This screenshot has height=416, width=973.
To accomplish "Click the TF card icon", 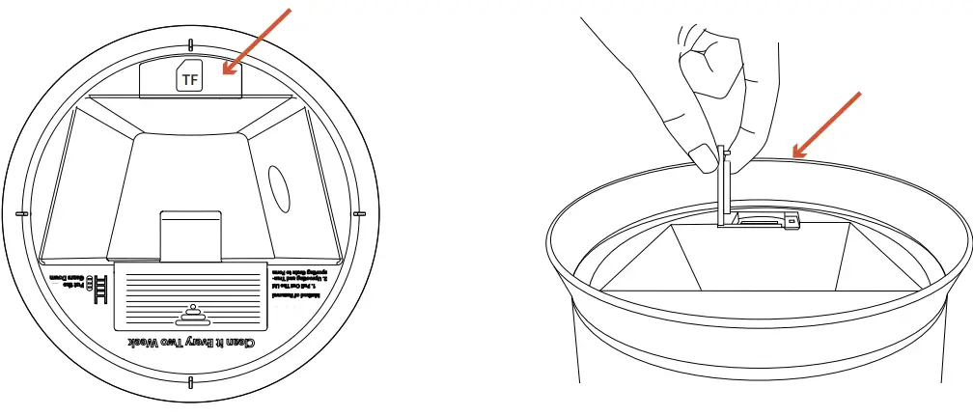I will point(190,80).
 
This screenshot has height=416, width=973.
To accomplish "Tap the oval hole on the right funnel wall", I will point(278,187).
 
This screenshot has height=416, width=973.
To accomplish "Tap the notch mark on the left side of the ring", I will point(21,213).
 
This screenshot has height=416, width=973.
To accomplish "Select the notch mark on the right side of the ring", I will point(357,213).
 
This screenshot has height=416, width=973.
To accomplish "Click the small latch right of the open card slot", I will point(791,220).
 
